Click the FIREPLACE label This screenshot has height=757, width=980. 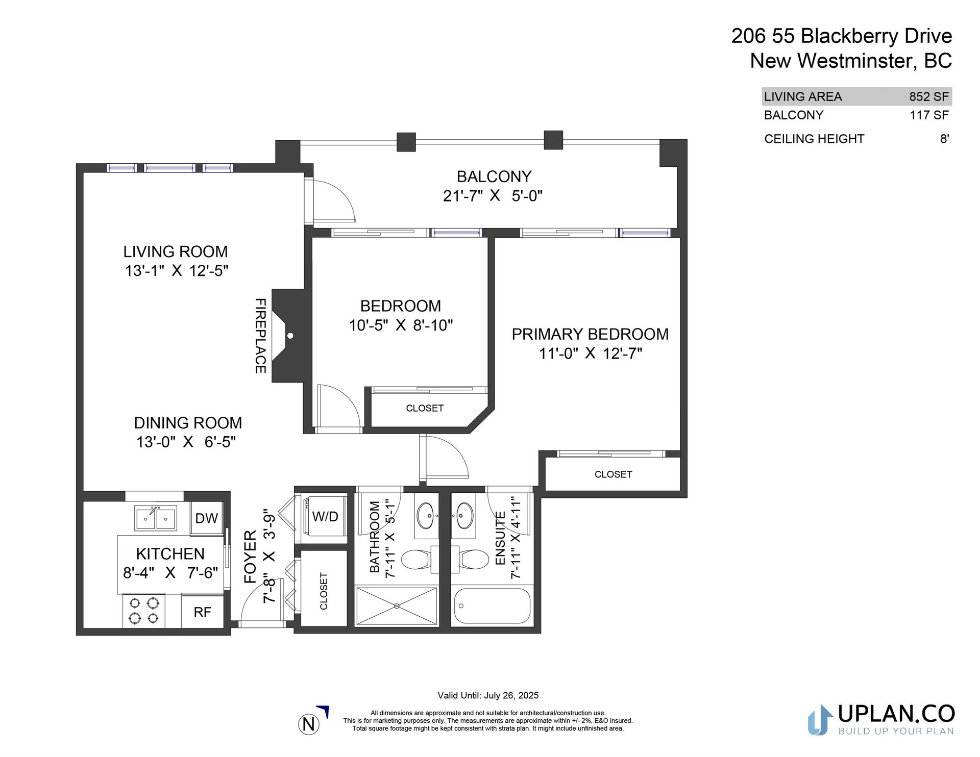coord(260,336)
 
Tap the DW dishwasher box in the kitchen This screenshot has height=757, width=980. coord(206,518)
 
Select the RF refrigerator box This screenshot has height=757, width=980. coord(203,612)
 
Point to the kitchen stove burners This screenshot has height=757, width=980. coord(143,611)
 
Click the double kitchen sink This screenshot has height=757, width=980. coord(156,519)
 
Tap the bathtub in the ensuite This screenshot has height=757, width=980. coord(492,606)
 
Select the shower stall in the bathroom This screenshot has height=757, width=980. coord(397,606)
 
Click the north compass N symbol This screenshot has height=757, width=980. coord(309,724)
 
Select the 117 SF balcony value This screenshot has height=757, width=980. coord(929,115)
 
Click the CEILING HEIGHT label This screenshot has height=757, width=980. coord(814,139)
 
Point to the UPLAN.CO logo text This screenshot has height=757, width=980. coord(896,714)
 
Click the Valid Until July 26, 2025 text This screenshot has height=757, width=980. coord(488,695)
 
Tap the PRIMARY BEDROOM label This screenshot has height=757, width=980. coord(590,334)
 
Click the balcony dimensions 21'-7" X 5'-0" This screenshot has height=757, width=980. coord(493,196)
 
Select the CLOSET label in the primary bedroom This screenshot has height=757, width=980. coord(613,474)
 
